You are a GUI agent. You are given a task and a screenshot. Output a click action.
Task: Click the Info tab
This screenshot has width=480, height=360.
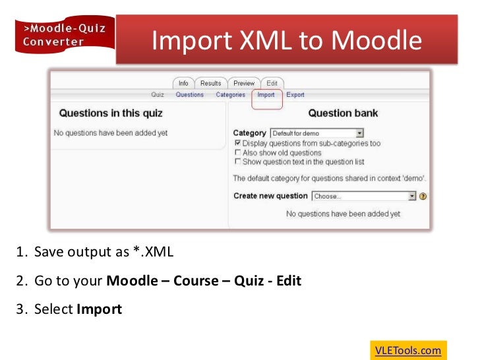click(183, 83)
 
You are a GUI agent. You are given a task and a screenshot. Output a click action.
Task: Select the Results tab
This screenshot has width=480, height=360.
click(210, 83)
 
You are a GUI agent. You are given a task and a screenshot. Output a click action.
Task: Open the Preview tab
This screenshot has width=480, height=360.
click(244, 83)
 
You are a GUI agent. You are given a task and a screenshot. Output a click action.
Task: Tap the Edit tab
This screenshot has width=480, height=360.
click(272, 83)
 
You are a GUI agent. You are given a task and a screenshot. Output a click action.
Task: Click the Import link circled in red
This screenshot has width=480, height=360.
click(266, 95)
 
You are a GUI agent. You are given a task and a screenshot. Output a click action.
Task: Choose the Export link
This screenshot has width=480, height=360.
click(295, 95)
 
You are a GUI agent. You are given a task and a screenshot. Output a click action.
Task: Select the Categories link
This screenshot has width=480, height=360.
click(230, 95)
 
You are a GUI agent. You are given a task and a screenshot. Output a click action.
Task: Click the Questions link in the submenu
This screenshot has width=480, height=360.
click(189, 95)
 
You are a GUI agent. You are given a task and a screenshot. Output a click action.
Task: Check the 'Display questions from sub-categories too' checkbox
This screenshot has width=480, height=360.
click(237, 143)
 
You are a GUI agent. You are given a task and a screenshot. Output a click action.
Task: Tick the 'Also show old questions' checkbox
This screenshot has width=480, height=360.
click(237, 152)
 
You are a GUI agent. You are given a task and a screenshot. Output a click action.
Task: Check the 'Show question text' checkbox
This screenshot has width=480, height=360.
click(237, 162)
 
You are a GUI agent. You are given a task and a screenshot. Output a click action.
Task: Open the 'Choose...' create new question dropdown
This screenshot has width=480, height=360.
click(364, 196)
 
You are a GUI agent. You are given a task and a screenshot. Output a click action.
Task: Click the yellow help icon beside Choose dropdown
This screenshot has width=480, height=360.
click(423, 196)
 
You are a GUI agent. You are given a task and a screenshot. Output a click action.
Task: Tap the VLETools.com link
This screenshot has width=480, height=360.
click(408, 350)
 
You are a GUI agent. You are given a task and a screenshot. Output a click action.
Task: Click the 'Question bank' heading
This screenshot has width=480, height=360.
click(344, 113)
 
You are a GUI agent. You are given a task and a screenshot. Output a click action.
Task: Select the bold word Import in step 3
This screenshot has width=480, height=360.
click(99, 309)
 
